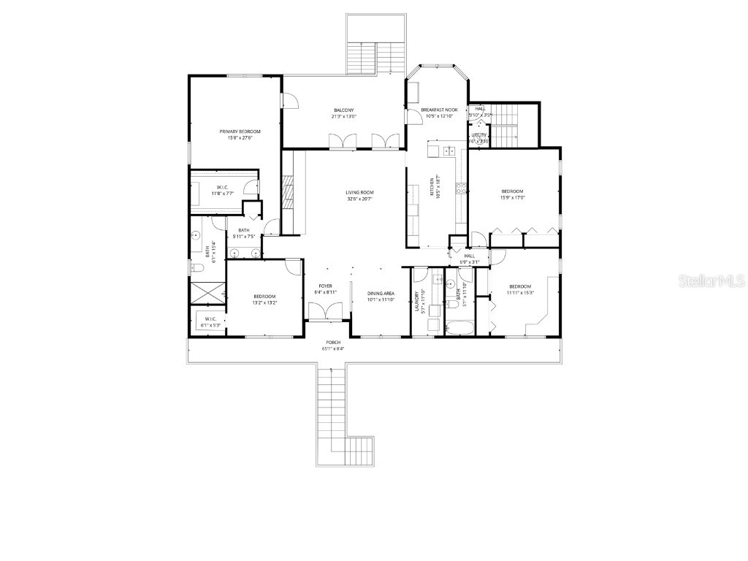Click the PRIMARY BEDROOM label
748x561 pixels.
tap(240, 131)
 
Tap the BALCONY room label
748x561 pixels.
tap(343, 110)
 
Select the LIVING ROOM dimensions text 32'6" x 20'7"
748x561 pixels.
tap(359, 199)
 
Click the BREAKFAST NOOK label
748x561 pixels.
tap(439, 110)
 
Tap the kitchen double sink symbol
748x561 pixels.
tap(448, 152)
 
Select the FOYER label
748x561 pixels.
tap(325, 286)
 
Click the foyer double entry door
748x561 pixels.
tap(325, 313)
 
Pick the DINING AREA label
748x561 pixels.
tap(381, 293)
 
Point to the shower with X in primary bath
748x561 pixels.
tap(207, 293)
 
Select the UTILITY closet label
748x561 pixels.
tap(478, 135)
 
